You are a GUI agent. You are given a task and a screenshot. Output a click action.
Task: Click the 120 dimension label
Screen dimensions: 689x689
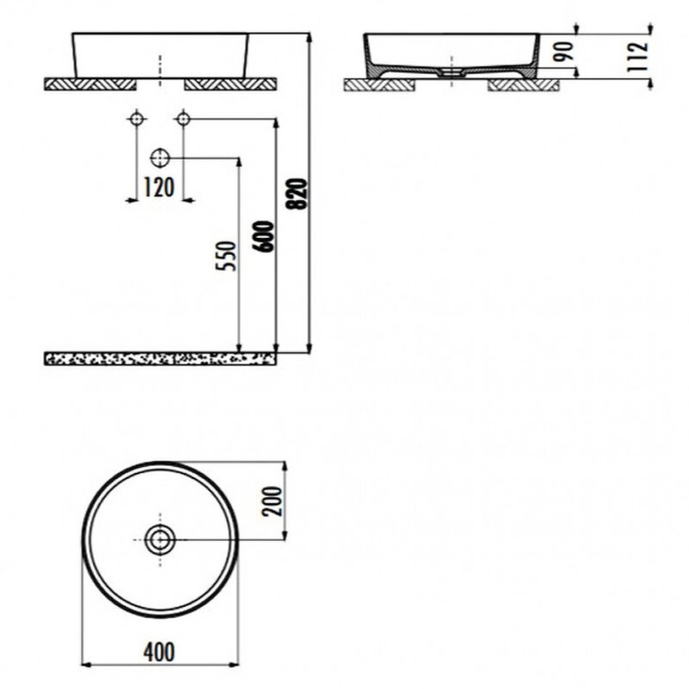tap(159, 188)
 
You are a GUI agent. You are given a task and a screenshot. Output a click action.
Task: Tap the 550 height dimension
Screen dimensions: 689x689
tap(227, 256)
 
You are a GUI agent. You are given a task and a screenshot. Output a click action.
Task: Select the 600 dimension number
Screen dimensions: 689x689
tap(264, 236)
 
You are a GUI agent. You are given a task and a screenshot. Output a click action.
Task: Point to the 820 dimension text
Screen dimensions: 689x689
tap(298, 194)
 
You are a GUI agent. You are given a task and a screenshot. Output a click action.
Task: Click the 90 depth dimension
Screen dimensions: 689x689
tap(564, 51)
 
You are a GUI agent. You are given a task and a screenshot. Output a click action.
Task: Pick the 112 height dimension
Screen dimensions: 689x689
tap(638, 57)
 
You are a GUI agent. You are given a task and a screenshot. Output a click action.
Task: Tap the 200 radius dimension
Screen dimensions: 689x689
tap(271, 501)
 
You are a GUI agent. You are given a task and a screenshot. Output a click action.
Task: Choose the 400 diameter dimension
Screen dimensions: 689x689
tap(159, 652)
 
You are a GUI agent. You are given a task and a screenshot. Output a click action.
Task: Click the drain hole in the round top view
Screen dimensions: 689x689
tap(160, 539)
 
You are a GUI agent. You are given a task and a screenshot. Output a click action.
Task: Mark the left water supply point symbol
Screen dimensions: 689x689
tap(136, 119)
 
